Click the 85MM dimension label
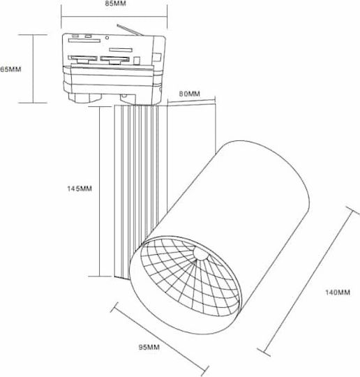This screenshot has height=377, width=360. tap(115, 3)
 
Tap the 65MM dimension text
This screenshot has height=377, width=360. tap(10, 69)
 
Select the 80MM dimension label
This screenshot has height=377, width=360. tap(190, 94)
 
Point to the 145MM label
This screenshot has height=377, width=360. tap(80, 188)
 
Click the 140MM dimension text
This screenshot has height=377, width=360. tap(338, 293)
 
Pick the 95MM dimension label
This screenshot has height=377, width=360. tap(149, 347)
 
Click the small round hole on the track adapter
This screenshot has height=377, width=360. tap(107, 38)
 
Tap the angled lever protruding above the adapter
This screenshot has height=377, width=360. tap(130, 30)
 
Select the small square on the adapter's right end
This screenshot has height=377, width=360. tap(157, 57)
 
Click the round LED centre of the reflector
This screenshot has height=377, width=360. tap(200, 253)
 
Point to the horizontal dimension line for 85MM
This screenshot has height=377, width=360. tap(114, 17)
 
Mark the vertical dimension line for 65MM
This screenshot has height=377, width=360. tap(33, 68)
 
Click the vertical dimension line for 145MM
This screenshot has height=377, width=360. tap(99, 191)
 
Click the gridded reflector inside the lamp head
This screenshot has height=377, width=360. tap(190, 276)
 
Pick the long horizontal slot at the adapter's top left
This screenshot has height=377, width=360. tap(84, 40)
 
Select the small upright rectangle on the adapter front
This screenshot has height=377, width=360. tap(137, 61)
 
